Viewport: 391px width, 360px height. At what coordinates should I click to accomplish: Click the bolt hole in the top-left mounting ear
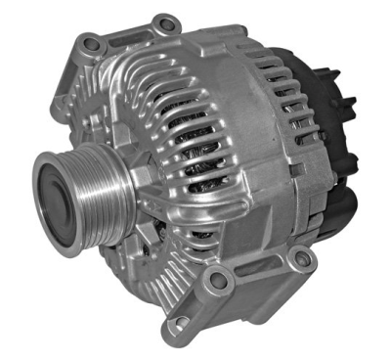[x=92, y=43]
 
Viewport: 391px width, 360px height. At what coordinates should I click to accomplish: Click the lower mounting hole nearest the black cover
[x=302, y=259]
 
